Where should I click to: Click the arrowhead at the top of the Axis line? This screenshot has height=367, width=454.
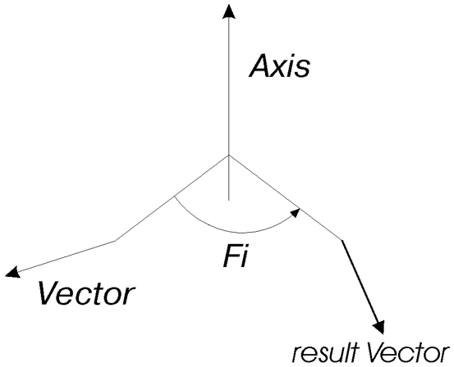[229, 11]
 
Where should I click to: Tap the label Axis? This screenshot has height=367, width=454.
[279, 66]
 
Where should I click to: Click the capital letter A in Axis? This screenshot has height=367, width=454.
[260, 66]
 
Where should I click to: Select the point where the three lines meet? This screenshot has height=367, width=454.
[229, 155]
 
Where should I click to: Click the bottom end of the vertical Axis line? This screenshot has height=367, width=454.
[229, 200]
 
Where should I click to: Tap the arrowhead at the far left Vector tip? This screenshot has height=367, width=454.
[12, 272]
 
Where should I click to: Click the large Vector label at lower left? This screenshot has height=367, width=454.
[86, 292]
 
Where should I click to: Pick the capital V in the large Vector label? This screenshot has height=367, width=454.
[50, 292]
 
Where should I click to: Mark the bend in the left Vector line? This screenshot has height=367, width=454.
[115, 240]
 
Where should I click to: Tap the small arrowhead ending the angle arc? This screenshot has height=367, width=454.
[296, 212]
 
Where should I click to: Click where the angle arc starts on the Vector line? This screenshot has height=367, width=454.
[174, 197]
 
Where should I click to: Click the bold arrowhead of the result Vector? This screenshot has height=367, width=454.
[378, 326]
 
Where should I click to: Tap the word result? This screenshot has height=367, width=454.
[325, 352]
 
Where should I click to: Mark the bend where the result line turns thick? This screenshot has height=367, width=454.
[342, 240]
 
